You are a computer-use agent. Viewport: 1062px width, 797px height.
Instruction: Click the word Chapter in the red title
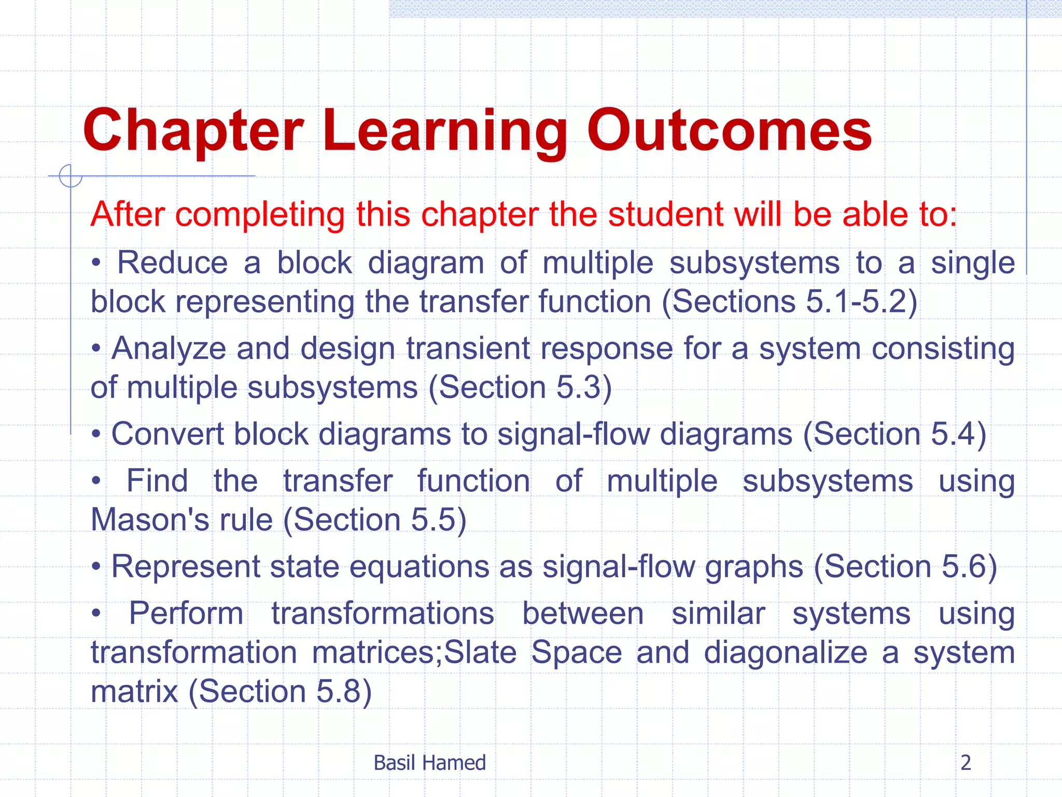click(193, 131)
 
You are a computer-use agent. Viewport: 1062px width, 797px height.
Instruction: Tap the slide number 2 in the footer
click(966, 763)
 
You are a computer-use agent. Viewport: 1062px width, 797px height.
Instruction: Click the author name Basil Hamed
click(429, 763)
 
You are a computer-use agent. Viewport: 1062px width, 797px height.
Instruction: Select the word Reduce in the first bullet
click(172, 263)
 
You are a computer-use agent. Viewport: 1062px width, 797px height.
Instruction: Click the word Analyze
click(169, 349)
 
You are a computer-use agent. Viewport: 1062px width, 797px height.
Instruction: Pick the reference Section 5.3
click(520, 388)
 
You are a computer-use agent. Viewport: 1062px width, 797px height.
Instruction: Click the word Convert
click(167, 434)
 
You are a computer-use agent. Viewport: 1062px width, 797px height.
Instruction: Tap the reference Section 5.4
click(895, 434)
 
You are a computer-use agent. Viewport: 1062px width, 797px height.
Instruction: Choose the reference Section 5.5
click(375, 519)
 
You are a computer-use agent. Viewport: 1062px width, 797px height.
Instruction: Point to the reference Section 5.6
click(905, 566)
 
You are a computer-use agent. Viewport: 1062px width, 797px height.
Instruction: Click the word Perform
click(186, 613)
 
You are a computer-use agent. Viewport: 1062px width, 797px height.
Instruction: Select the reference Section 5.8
click(280, 691)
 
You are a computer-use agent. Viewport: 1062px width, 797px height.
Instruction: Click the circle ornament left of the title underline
click(71, 176)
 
